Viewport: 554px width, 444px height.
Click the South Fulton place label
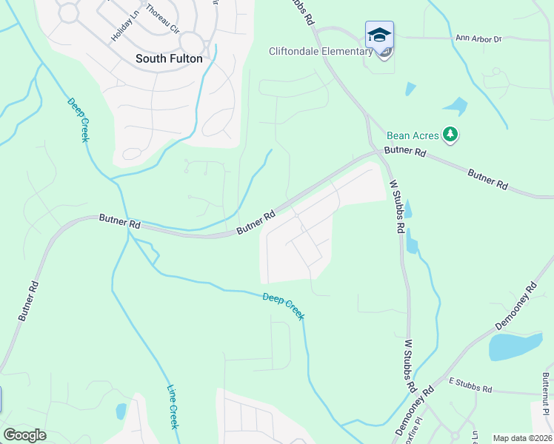pos(169,58)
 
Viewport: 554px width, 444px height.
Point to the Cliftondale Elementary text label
pos(320,51)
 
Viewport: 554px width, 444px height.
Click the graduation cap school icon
pos(379,35)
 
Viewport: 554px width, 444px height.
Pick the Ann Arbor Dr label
pos(478,38)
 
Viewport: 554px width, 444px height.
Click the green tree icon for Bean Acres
pos(450,135)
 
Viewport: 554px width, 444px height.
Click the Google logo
pos(24,435)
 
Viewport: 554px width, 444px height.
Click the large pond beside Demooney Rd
pos(516,346)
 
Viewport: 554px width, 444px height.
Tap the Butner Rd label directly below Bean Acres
pos(404,152)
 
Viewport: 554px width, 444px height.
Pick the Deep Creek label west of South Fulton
pos(77,120)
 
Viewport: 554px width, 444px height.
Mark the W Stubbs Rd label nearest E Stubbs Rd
pos(410,366)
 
